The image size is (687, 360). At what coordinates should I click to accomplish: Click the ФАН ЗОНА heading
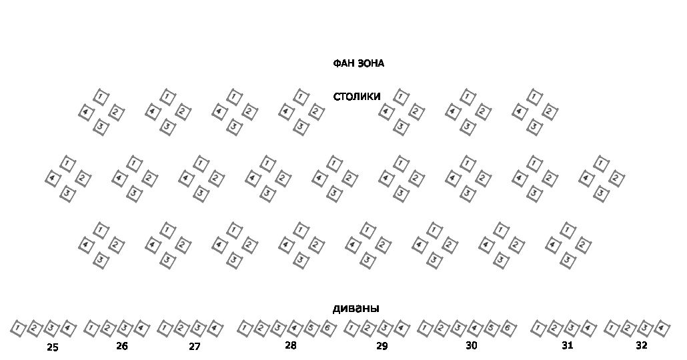(x=358, y=63)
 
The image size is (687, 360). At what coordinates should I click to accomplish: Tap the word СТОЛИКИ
(x=357, y=97)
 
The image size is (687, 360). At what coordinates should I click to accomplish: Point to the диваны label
(x=356, y=308)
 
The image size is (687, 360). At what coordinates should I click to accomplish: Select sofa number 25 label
(x=53, y=347)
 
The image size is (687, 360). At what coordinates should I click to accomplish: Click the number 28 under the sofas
(x=290, y=345)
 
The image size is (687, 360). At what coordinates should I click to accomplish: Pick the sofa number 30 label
(x=471, y=345)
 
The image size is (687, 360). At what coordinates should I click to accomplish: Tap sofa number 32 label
(x=641, y=345)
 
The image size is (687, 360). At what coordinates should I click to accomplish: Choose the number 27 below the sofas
(x=194, y=347)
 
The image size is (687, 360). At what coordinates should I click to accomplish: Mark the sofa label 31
(x=567, y=345)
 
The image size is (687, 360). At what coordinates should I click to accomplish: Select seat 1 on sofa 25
(x=19, y=328)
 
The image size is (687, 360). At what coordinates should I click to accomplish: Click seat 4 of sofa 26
(x=141, y=328)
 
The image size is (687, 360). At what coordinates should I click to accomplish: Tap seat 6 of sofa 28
(x=327, y=328)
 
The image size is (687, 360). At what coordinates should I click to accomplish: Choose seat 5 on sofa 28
(x=311, y=328)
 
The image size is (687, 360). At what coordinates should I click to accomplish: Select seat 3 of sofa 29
(x=384, y=328)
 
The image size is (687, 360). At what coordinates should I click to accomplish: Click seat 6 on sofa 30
(x=508, y=328)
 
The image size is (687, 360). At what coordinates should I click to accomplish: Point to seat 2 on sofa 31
(x=555, y=328)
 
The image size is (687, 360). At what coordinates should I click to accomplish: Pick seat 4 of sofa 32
(x=662, y=328)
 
